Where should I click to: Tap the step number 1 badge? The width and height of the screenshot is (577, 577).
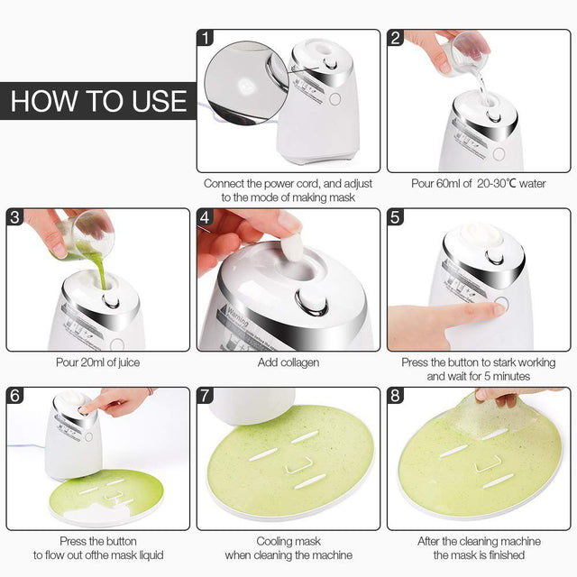click(x=206, y=38)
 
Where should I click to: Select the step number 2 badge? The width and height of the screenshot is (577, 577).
click(x=396, y=38)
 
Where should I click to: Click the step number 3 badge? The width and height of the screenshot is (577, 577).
click(x=15, y=217)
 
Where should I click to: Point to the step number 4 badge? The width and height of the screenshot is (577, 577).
click(x=206, y=217)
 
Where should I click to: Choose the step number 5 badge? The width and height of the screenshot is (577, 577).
click(x=396, y=217)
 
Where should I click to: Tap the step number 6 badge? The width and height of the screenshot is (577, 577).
click(x=15, y=396)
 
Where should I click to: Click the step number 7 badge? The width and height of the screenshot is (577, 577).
click(x=206, y=396)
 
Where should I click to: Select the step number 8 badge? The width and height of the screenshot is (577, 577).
click(x=396, y=396)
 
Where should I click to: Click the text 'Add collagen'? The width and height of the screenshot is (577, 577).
click(x=288, y=362)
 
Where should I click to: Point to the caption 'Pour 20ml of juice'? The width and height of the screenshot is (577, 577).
click(x=97, y=362)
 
